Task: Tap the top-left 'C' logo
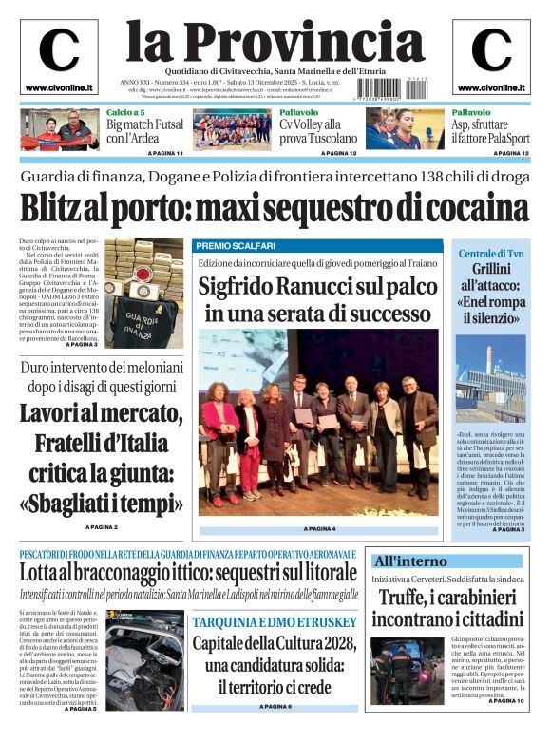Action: pos(59,49)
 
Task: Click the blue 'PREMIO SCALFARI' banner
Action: pos(233,246)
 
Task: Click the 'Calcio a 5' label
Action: pos(124,112)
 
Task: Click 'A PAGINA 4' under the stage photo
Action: pos(320,529)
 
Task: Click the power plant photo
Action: pos(490,377)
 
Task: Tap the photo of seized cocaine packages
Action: pos(142,286)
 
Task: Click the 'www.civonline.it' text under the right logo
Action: pos(490,88)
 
